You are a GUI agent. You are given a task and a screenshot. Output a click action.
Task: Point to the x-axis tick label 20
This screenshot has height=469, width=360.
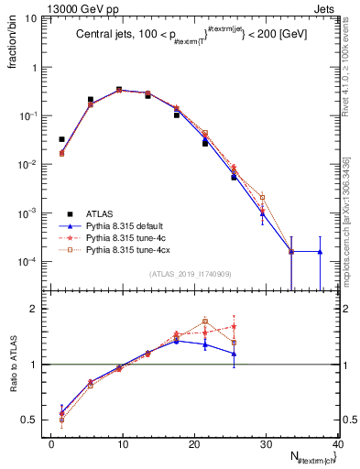194,443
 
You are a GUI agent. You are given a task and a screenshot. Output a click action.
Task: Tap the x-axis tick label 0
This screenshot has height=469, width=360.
51,443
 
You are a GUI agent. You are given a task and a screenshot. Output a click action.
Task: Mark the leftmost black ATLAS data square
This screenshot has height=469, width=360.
61,139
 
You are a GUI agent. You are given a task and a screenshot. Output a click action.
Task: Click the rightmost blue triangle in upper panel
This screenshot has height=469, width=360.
320,251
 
